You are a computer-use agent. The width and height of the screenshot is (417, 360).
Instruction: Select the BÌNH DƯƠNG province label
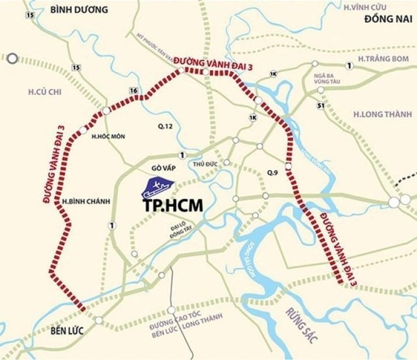[79, 10]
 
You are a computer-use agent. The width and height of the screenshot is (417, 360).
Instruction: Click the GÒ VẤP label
[163, 168]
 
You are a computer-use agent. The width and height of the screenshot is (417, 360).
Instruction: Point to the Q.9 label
[272, 173]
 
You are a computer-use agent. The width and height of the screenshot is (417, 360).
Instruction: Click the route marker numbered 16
[134, 91]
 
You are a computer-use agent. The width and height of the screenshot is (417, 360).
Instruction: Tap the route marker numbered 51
[320, 105]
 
